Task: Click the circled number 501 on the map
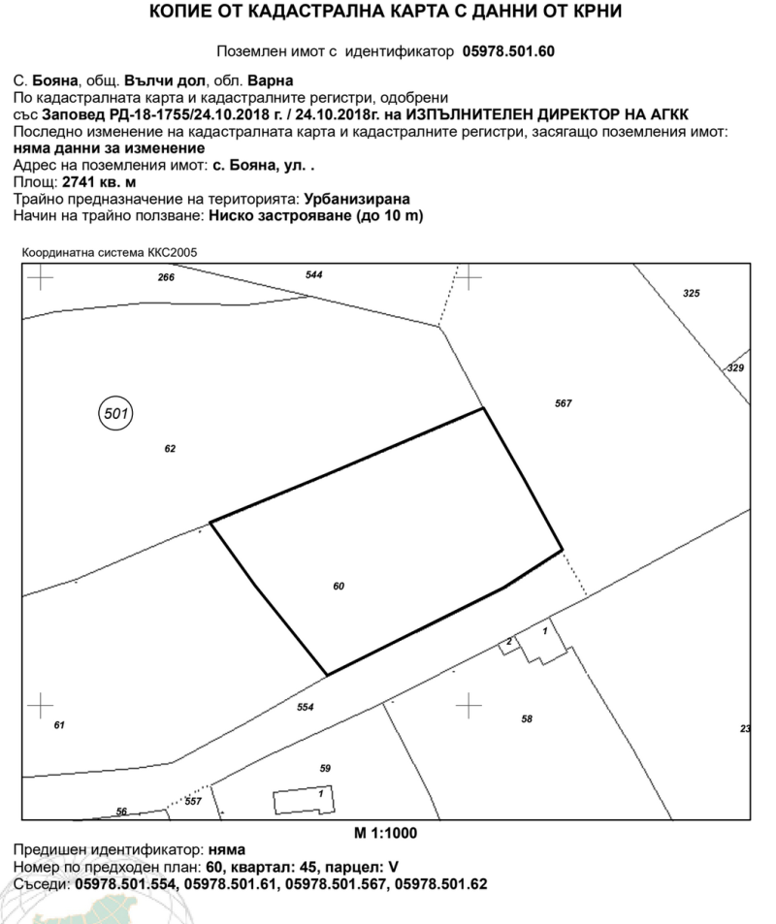[x=115, y=413]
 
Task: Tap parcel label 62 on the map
[x=170, y=449]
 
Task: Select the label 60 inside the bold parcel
[x=339, y=586]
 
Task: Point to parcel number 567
[x=564, y=403]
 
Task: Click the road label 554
[x=305, y=707]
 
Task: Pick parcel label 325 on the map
[x=691, y=293]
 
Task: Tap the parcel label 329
[x=735, y=367]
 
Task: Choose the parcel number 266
[x=166, y=277]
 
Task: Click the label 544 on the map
[x=313, y=274]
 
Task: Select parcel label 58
[x=527, y=718]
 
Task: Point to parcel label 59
[x=325, y=768]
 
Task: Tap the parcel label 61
[x=59, y=725]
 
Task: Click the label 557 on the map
[x=193, y=801]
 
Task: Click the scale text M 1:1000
[x=386, y=833]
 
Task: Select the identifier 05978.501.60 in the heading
[x=508, y=51]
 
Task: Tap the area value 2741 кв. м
[x=99, y=182]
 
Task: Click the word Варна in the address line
[x=270, y=80]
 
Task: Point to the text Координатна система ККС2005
[x=110, y=253]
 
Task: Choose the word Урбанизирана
[x=357, y=199]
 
